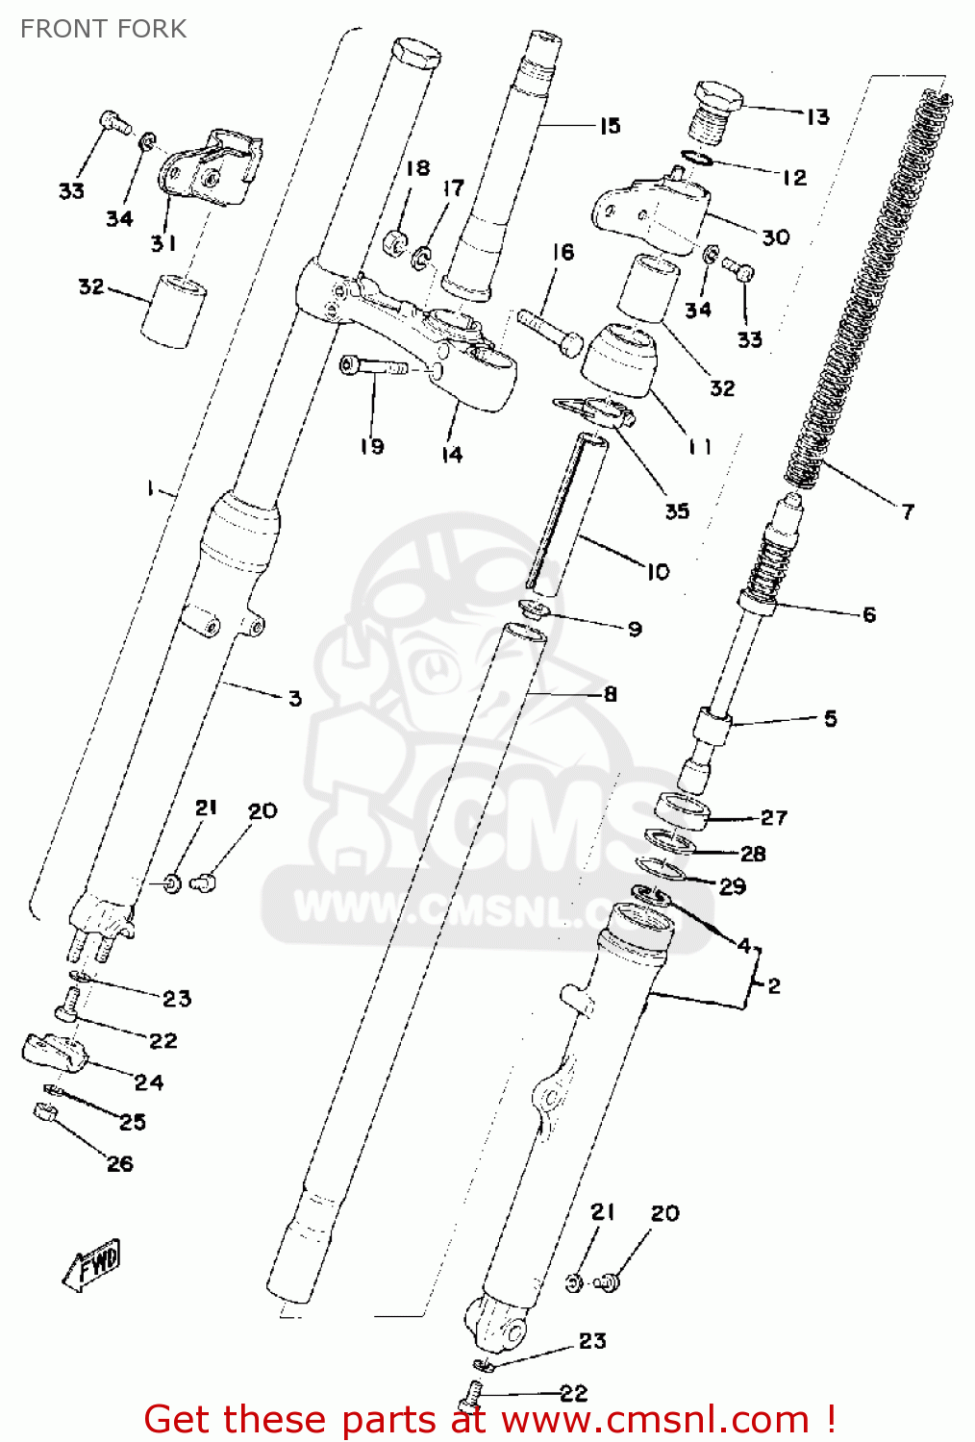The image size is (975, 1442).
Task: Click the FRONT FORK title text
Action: click(x=103, y=29)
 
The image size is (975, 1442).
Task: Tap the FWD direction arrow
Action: click(x=93, y=1265)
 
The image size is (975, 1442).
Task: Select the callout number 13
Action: click(x=817, y=117)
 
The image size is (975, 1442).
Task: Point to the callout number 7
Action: click(x=908, y=511)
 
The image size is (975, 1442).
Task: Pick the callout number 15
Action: click(x=610, y=126)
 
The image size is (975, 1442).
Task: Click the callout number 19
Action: click(x=372, y=446)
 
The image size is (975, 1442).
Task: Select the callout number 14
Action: click(x=452, y=454)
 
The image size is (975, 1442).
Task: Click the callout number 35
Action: click(x=677, y=510)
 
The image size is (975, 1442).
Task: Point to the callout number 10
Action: click(x=658, y=572)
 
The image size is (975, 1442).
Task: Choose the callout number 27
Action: click(x=774, y=817)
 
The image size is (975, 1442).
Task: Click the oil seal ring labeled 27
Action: click(x=683, y=810)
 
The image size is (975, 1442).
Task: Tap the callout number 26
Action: click(x=120, y=1164)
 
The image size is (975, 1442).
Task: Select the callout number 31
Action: click(x=163, y=243)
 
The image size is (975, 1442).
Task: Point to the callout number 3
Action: click(x=295, y=698)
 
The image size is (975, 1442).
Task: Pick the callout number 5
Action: click(x=831, y=718)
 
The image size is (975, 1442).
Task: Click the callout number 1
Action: click(x=151, y=489)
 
